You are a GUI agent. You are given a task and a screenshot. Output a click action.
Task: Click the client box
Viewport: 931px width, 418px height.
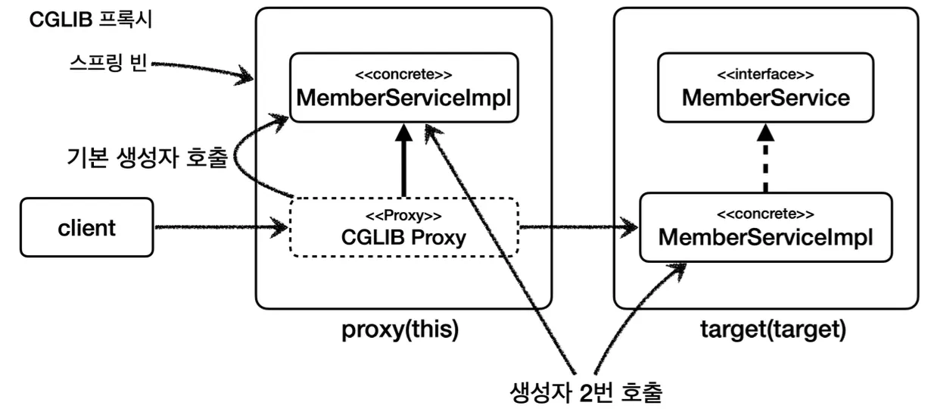point(87,227)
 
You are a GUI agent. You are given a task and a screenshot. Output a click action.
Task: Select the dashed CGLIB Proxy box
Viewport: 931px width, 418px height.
point(404,227)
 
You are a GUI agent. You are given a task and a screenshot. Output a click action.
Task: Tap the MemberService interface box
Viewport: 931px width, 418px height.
point(765,87)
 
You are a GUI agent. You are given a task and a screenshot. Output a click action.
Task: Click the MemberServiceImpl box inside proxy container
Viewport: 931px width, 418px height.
point(404,87)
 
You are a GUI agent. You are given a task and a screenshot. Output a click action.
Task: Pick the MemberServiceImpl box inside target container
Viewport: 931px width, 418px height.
point(765,227)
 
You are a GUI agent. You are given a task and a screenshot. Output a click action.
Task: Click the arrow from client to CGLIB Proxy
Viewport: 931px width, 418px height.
point(221,227)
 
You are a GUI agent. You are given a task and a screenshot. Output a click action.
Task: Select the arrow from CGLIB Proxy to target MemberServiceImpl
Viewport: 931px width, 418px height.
point(579,227)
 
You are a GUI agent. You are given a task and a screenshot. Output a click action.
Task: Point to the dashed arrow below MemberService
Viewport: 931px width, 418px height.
point(765,158)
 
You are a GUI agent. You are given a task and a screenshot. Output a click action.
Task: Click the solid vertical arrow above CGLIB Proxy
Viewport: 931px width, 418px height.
point(403,160)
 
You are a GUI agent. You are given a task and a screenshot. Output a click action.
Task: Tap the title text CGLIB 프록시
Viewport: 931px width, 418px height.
point(91,20)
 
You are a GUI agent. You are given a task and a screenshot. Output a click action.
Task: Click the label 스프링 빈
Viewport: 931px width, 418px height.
point(108,63)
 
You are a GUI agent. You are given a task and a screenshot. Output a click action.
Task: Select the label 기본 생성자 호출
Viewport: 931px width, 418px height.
point(147,158)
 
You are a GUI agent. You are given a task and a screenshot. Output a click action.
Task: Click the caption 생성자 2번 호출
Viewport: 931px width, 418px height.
point(586,392)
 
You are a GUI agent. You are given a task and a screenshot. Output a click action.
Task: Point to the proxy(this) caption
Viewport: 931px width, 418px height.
point(400,329)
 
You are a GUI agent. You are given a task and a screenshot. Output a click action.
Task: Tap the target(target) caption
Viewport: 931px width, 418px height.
point(773,329)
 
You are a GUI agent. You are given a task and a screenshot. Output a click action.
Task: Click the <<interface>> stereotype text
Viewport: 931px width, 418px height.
point(765,74)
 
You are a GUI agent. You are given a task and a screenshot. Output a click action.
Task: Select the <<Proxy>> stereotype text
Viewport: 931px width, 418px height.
point(403,216)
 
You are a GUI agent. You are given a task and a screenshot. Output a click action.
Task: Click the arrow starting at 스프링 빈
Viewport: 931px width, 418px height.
point(202,71)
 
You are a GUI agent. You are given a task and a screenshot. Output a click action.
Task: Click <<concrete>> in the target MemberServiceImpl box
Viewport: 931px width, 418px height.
point(765,214)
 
